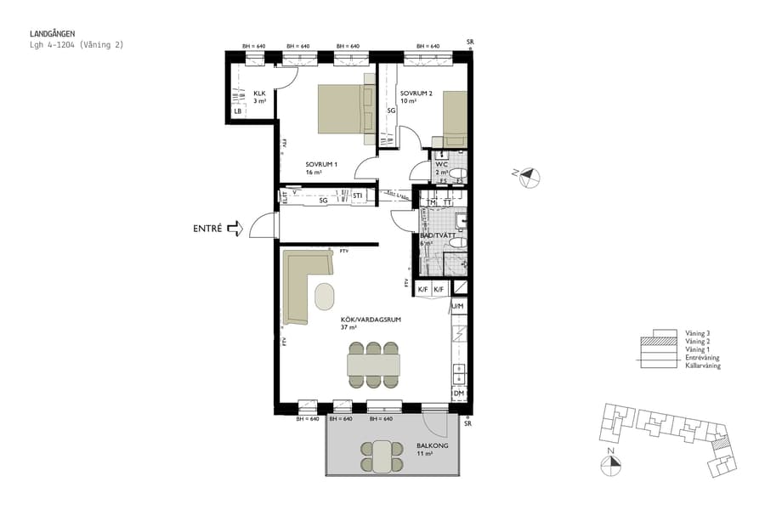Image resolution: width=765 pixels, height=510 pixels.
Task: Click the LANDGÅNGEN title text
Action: (52, 34)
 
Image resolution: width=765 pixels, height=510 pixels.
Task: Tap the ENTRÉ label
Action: (207, 228)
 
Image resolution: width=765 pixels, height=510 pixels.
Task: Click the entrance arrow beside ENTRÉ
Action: (235, 228)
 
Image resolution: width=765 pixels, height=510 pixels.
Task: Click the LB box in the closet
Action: (238, 111)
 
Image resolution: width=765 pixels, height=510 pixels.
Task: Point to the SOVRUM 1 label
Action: (321, 164)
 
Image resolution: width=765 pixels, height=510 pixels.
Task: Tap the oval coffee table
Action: (325, 297)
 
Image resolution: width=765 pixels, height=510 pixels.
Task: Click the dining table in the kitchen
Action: (373, 364)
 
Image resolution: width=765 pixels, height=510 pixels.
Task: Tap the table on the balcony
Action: (382, 456)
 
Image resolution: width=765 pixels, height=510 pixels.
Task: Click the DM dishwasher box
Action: (458, 394)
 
